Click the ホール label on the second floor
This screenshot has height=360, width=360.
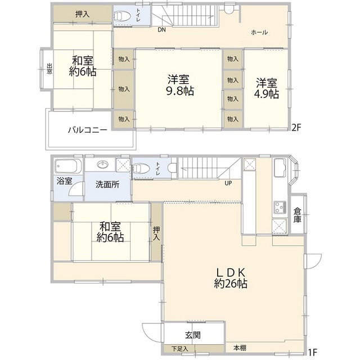tap(259, 32)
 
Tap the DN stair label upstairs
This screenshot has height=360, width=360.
tap(161, 29)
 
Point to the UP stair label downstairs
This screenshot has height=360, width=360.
tap(228, 183)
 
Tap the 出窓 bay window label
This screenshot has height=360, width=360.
tap(49, 69)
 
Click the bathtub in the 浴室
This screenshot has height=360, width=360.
tap(69, 167)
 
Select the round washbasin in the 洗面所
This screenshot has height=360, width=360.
tap(103, 165)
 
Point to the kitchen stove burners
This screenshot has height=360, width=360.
tap(280, 208)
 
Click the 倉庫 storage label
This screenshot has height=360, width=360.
tap(297, 215)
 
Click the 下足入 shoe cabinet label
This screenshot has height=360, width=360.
tap(180, 349)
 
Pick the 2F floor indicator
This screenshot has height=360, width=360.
tap(296, 128)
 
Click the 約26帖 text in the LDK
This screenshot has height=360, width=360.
tap(230, 284)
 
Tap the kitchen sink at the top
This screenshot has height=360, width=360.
tap(279, 168)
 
